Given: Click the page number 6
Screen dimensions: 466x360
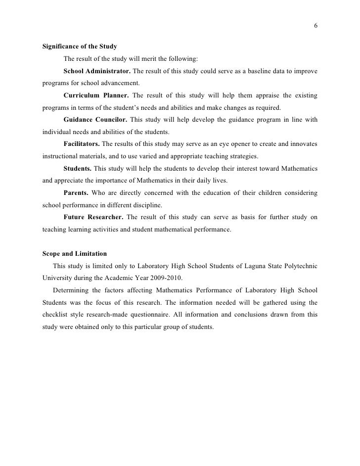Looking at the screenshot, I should (x=315, y=27).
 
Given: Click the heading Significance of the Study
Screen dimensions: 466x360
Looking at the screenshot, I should (x=80, y=47).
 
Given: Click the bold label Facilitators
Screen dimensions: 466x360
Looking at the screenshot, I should (x=82, y=144).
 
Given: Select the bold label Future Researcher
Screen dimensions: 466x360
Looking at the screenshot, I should (x=93, y=217).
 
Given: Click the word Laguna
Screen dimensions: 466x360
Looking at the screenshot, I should (x=257, y=266).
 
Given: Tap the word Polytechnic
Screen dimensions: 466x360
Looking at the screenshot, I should (x=301, y=266).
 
